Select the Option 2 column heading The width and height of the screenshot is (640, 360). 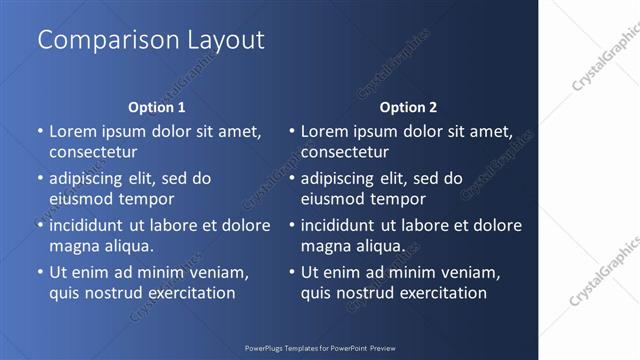coord(409,107)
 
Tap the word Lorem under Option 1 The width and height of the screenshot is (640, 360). coord(73,131)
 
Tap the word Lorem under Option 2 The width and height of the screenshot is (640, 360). coord(325,131)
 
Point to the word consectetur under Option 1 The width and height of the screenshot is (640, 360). coord(93,152)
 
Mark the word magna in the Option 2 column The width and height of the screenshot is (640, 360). coord(324,245)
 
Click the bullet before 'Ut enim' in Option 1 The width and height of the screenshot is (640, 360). coord(40,272)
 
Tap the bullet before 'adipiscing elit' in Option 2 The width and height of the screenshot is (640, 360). coord(292,179)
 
